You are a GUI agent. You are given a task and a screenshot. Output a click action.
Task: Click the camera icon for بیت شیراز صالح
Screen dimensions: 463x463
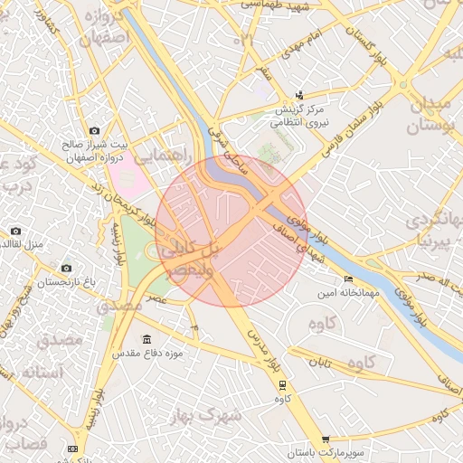[x=93, y=131]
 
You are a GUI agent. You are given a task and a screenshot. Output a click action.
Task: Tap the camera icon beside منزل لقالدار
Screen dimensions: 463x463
[x=15, y=231]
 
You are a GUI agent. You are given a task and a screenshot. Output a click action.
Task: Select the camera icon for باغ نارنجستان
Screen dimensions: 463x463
[x=66, y=268]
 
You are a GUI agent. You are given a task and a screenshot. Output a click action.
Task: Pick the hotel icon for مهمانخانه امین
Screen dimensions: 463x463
[x=349, y=279]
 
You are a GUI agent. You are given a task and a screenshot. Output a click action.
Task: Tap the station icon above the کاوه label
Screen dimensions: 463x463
[x=282, y=384]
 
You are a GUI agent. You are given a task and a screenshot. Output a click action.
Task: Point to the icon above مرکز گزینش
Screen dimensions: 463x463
[x=300, y=95]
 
